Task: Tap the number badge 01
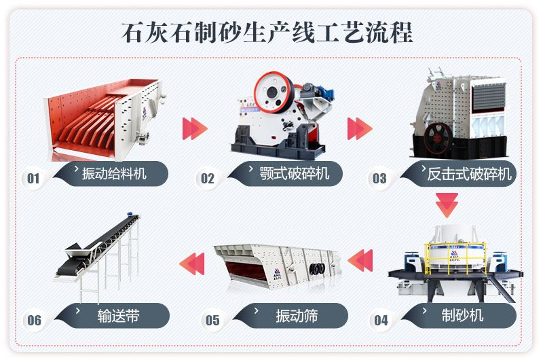(x=33, y=179)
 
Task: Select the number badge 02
(x=207, y=179)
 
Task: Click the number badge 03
(x=379, y=179)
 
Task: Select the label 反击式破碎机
(x=468, y=174)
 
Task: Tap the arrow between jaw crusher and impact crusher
(x=360, y=128)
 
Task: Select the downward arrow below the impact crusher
(x=447, y=204)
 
